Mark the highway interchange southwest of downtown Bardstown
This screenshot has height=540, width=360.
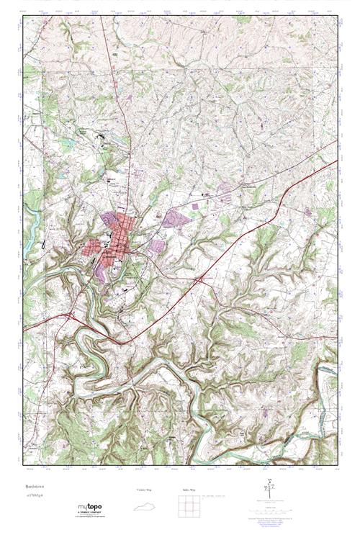click(x=71, y=315)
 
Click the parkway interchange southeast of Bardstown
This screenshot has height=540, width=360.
click(x=198, y=278)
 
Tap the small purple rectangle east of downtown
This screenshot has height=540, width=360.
click(x=196, y=207)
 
